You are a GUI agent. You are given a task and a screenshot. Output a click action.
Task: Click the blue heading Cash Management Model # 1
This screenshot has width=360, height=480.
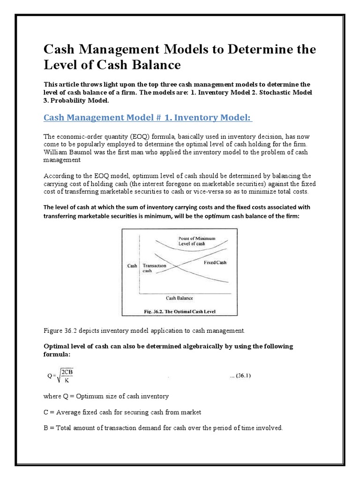[148, 117]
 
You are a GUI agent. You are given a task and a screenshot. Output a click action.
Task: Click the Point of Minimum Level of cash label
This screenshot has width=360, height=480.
[197, 241]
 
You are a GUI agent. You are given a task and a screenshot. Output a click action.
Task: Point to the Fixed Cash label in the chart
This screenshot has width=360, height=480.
[215, 262]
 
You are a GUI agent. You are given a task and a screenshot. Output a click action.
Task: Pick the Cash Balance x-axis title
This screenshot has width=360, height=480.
[180, 298]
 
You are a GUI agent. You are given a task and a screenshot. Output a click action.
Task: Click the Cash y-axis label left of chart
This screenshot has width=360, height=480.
[132, 266]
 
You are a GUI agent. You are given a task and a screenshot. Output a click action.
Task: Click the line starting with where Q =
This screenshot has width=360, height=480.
[106, 396]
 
